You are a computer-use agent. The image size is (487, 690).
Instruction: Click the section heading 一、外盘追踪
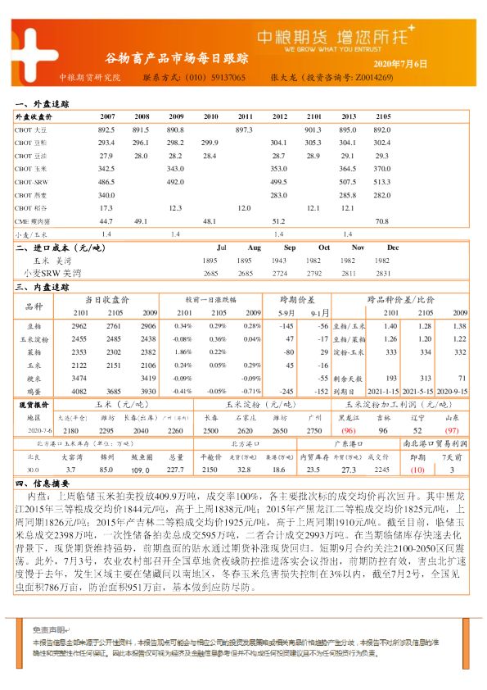(42, 105)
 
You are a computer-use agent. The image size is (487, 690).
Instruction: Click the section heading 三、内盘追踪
(42, 288)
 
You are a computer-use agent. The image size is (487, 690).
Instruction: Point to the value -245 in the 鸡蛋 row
(286, 391)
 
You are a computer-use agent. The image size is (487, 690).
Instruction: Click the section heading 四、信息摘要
(42, 483)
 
